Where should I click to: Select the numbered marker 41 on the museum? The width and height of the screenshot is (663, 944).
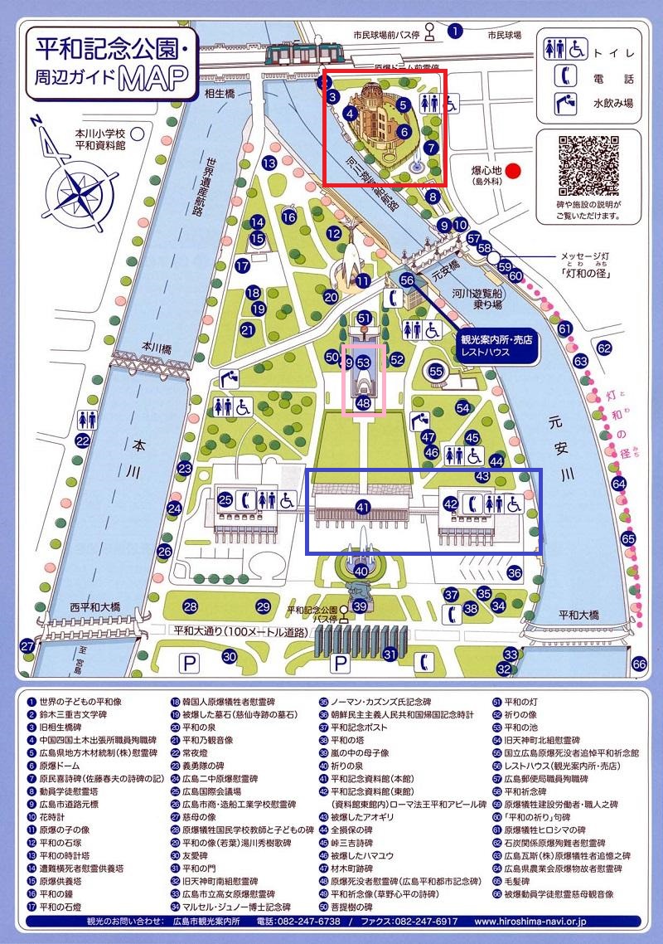362,506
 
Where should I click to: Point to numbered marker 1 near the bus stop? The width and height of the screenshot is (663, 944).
455,32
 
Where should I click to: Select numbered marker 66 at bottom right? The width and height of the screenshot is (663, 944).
639,664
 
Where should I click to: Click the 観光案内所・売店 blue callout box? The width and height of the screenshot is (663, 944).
496,345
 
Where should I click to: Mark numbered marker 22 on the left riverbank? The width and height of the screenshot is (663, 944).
83,440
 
